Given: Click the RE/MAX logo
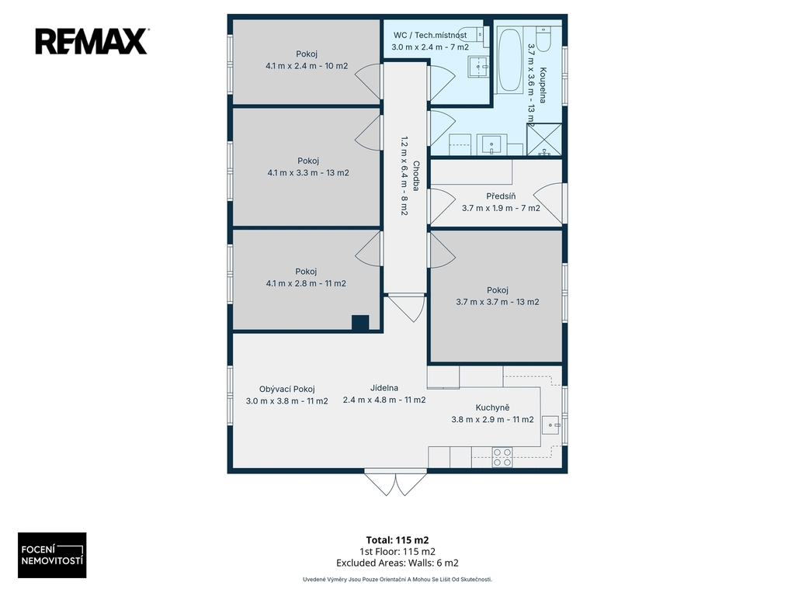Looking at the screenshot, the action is coord(92,42).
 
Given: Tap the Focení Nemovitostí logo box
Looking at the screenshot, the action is coord(52,555).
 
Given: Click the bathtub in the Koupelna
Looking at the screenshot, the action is coord(509,61).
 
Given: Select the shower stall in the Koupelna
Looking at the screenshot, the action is coord(544,140).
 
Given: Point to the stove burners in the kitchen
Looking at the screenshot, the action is coord(502,457).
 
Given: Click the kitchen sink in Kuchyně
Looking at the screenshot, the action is coord(550,425).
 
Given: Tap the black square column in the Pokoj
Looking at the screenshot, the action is coord(360,324).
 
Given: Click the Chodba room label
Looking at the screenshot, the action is coord(416,176).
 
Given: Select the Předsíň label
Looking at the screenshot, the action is coord(501,196).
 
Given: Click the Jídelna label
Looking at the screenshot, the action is coord(384,388).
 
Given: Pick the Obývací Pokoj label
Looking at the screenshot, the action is coord(287,390).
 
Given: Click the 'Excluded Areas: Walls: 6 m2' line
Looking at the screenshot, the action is coord(397,563).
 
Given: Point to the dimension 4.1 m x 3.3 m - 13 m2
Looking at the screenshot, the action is coord(308,173).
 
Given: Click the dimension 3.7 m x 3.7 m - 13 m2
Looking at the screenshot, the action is coord(498,302).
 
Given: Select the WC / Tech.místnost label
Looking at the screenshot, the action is coord(430,36).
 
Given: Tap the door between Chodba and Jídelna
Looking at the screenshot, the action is coord(404,307).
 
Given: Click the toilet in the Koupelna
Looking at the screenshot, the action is coord(543,39).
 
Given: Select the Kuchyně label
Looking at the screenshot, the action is coord(492,407).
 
